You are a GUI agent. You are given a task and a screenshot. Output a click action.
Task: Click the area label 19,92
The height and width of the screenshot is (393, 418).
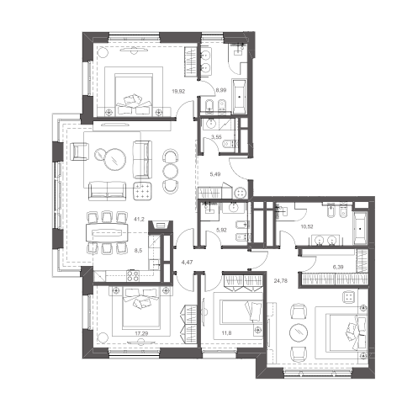[178, 91]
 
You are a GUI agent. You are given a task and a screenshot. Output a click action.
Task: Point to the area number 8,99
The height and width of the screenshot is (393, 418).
[220, 90]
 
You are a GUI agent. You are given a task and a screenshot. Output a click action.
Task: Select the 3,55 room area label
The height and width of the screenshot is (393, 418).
[216, 137]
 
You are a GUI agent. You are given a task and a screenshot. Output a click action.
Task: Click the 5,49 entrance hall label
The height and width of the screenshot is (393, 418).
[215, 174]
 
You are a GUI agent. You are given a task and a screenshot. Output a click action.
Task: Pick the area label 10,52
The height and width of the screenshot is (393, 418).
[307, 226]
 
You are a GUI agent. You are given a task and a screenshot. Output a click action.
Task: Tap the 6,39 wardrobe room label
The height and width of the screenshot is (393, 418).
[338, 267]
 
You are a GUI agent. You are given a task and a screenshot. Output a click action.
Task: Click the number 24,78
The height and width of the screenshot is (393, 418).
[281, 280]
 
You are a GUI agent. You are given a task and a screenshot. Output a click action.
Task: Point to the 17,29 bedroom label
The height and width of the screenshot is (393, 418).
[141, 333]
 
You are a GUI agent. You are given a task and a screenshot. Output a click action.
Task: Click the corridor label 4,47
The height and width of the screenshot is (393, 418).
[187, 263]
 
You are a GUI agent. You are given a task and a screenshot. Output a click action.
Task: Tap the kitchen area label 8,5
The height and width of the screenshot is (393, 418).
[138, 251]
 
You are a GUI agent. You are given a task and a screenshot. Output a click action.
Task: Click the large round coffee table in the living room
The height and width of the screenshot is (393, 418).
[114, 159]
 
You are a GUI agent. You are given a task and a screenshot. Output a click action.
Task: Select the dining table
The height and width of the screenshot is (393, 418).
[107, 232]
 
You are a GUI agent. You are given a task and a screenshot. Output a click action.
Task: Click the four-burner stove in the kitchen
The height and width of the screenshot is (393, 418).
[133, 275]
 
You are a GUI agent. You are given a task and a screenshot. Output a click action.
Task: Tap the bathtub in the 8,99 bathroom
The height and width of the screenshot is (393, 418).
[239, 97]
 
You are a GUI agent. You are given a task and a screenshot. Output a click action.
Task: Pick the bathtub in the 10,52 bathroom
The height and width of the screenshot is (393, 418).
[360, 228]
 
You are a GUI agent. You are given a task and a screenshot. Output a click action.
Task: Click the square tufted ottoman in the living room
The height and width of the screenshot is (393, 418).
[143, 191]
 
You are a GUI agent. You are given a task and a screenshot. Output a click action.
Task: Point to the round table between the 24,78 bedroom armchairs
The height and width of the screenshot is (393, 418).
[299, 332]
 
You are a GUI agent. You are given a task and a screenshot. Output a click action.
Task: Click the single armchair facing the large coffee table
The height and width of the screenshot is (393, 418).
[80, 151]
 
